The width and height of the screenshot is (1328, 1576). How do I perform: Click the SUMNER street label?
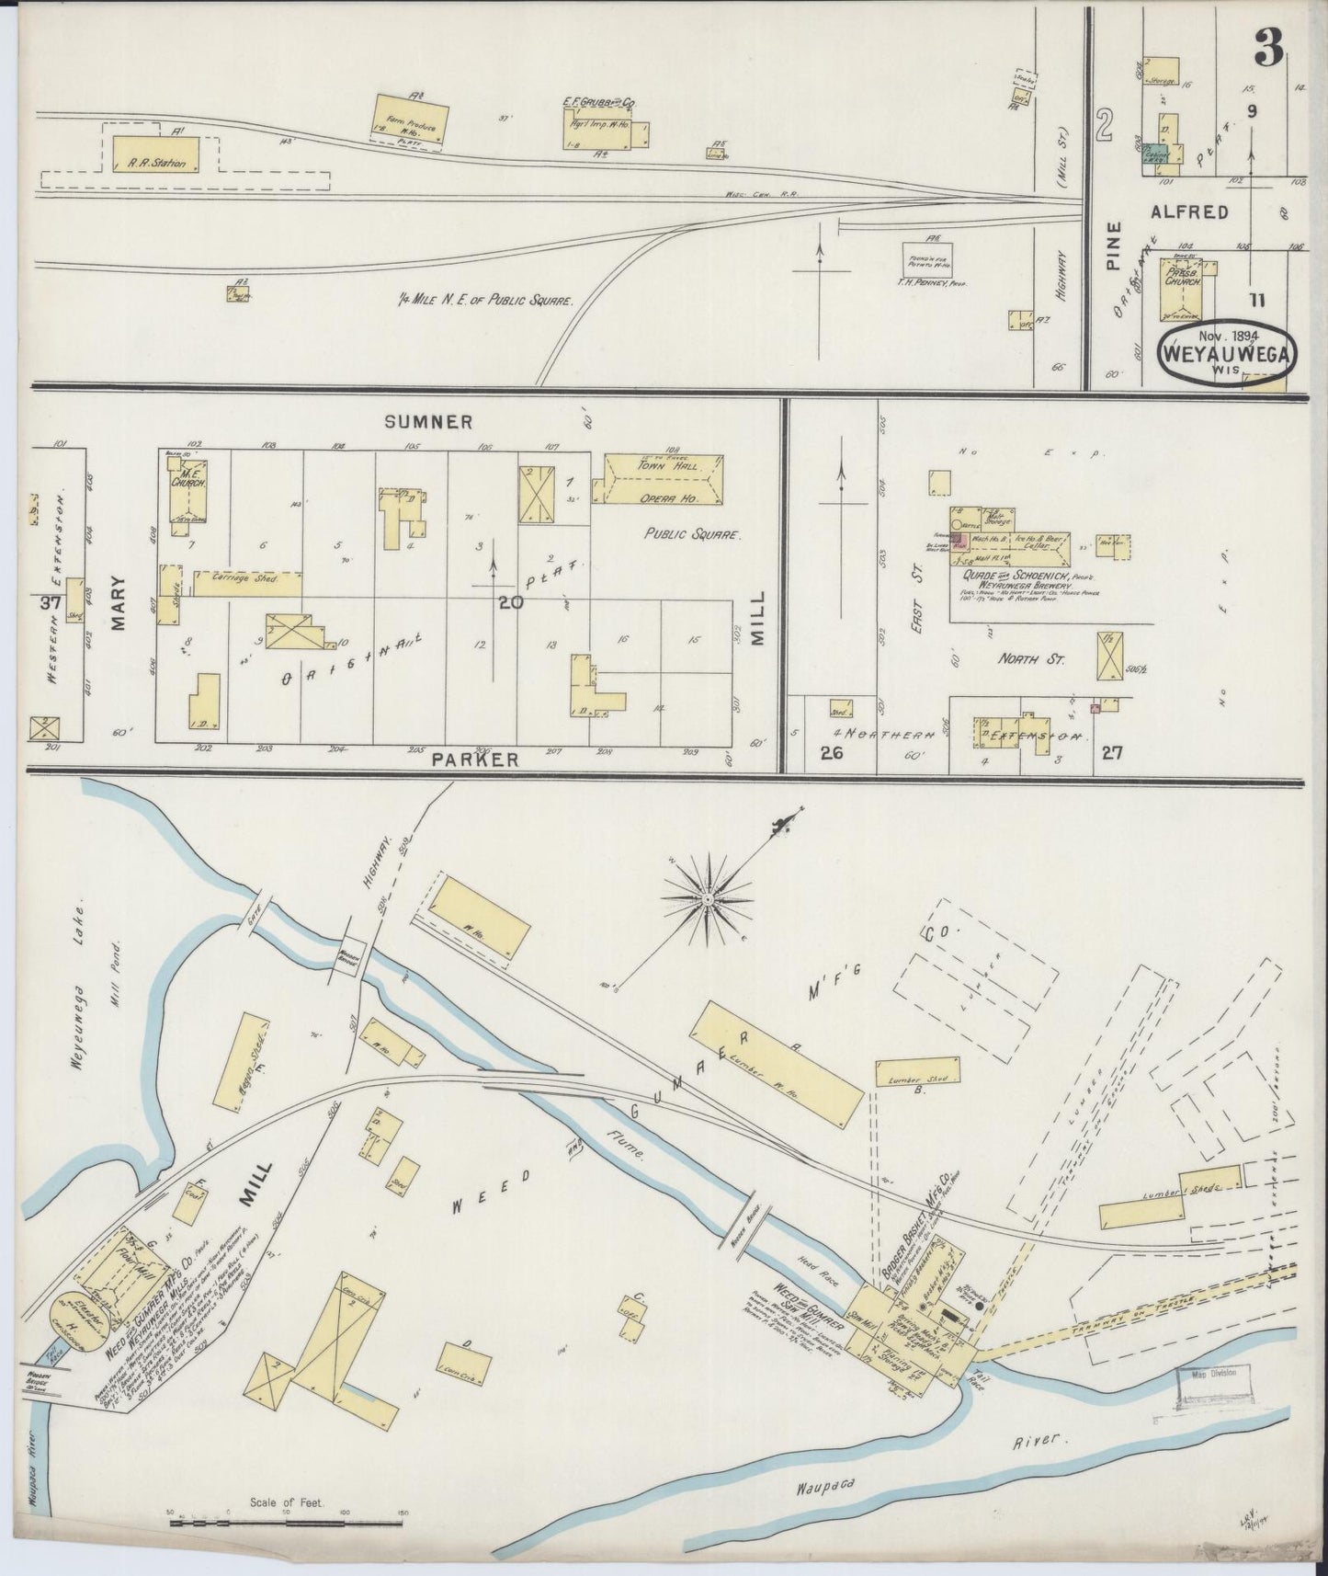pyautogui.click(x=429, y=422)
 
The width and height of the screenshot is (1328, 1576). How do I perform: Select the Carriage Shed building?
pyautogui.click(x=246, y=583)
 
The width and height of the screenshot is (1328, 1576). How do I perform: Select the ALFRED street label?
pyautogui.click(x=1190, y=212)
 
